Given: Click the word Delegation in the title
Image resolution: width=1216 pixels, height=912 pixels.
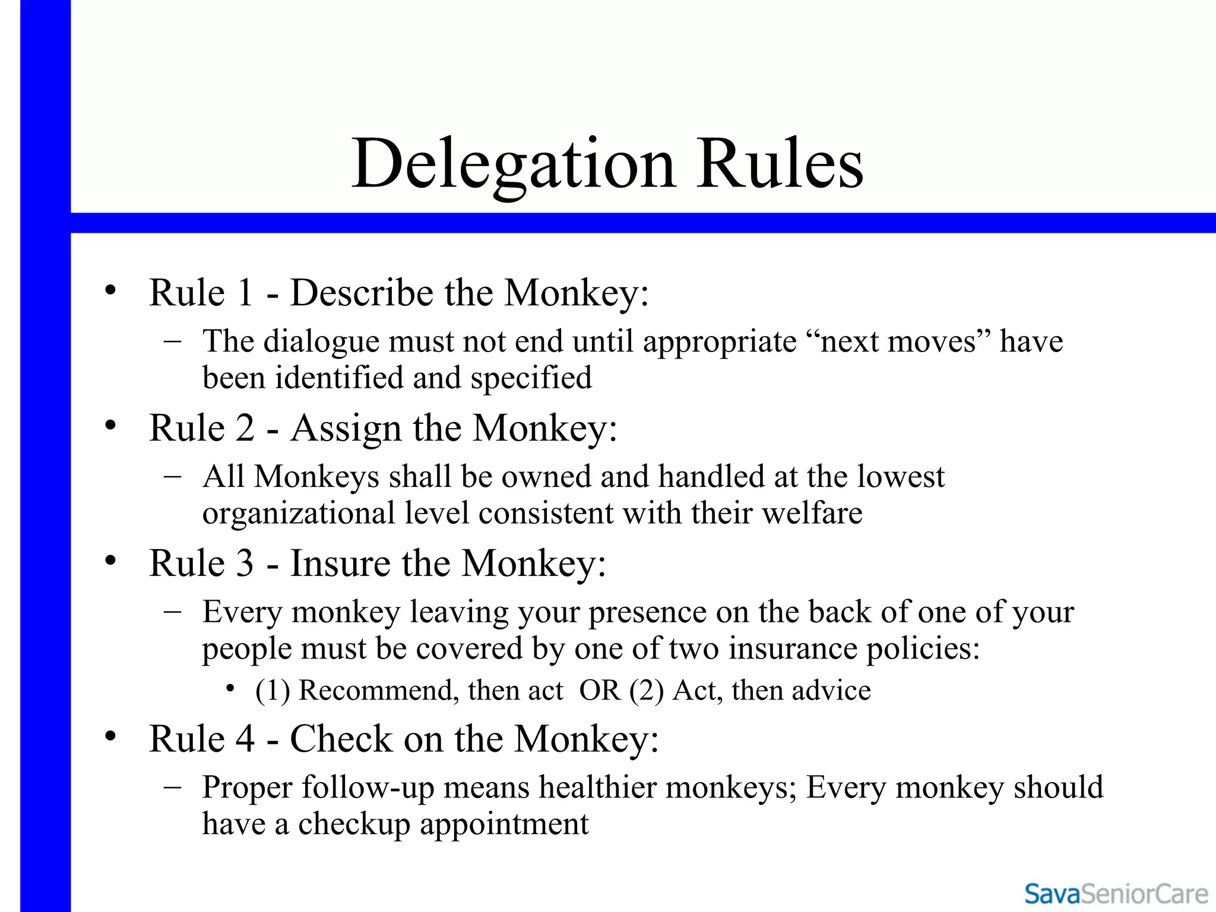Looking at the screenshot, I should click(514, 163).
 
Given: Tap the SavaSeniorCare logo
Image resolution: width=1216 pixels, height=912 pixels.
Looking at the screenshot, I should click(1116, 894).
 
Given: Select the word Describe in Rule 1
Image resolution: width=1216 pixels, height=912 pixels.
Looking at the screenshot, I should click(362, 293).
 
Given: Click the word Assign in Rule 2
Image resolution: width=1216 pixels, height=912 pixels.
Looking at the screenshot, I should click(346, 428).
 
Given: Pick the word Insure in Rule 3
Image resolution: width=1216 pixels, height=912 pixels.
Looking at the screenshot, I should click(340, 563).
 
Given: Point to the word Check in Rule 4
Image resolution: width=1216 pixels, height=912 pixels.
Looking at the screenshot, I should click(341, 739).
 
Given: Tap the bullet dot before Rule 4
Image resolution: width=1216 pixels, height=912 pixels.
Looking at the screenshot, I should click(110, 737).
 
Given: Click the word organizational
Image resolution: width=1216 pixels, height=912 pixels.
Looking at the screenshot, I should click(298, 513).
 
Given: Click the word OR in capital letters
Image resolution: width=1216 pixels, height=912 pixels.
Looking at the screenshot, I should click(600, 691).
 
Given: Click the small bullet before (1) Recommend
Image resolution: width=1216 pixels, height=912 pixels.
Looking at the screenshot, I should click(230, 689).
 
